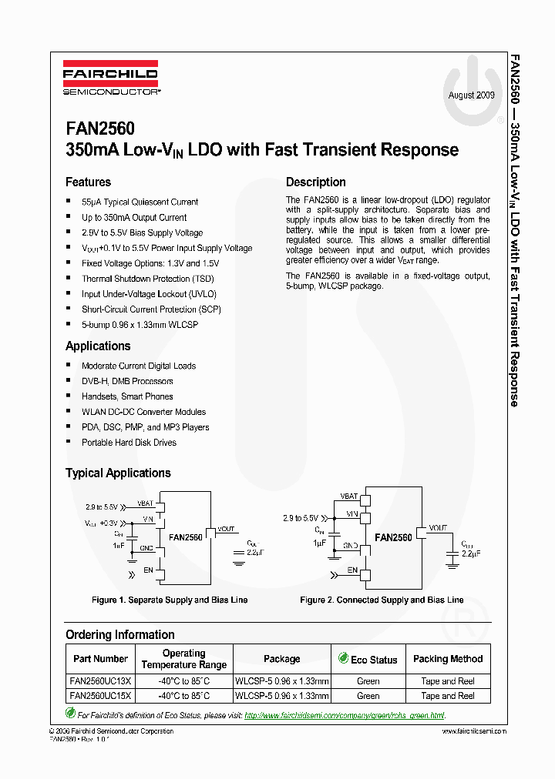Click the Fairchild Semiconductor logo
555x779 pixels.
pyautogui.click(x=110, y=80)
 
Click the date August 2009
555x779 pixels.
pyautogui.click(x=472, y=95)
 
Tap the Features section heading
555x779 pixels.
pyautogui.click(x=88, y=182)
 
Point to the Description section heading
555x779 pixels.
pyautogui.click(x=315, y=182)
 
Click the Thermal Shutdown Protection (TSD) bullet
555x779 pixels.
pyautogui.click(x=148, y=279)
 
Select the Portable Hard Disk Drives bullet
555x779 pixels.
pyautogui.click(x=129, y=443)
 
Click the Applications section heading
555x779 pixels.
pyautogui.click(x=98, y=346)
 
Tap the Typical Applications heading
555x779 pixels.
pyautogui.click(x=118, y=473)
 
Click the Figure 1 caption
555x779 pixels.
pyautogui.click(x=170, y=600)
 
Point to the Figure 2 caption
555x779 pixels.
pyautogui.click(x=382, y=600)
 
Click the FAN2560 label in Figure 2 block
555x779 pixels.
pyautogui.click(x=393, y=537)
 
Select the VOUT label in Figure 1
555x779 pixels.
pyautogui.click(x=226, y=529)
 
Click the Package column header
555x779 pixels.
pyautogui.click(x=282, y=659)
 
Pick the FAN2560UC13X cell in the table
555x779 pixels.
pyautogui.click(x=101, y=681)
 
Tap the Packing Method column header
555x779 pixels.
pyautogui.click(x=448, y=659)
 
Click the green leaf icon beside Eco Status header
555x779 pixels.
pyautogui.click(x=343, y=658)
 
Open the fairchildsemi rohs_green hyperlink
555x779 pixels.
pyautogui.click(x=345, y=716)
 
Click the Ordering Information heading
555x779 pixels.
pyautogui.click(x=119, y=635)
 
